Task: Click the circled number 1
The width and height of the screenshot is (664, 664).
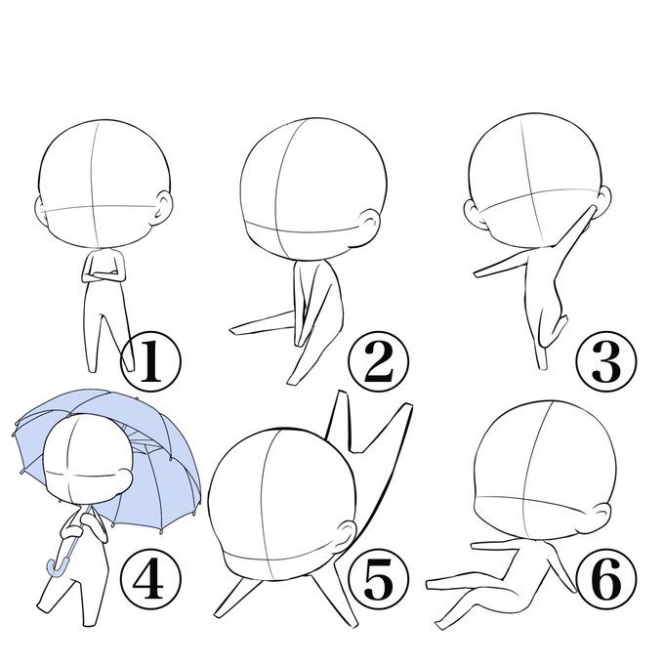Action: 150,361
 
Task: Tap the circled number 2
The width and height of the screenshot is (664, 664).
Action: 379,361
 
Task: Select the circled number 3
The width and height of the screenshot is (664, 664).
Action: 606,361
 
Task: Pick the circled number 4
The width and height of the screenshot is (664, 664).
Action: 150,578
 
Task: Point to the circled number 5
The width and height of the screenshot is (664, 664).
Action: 379,578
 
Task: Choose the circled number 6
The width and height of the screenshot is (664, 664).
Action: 606,578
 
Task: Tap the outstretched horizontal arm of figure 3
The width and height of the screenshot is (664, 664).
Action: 501,266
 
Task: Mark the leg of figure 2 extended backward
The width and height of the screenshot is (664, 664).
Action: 262,324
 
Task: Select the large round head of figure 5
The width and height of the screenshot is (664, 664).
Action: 281,502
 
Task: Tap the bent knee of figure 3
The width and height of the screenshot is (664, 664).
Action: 561,322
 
